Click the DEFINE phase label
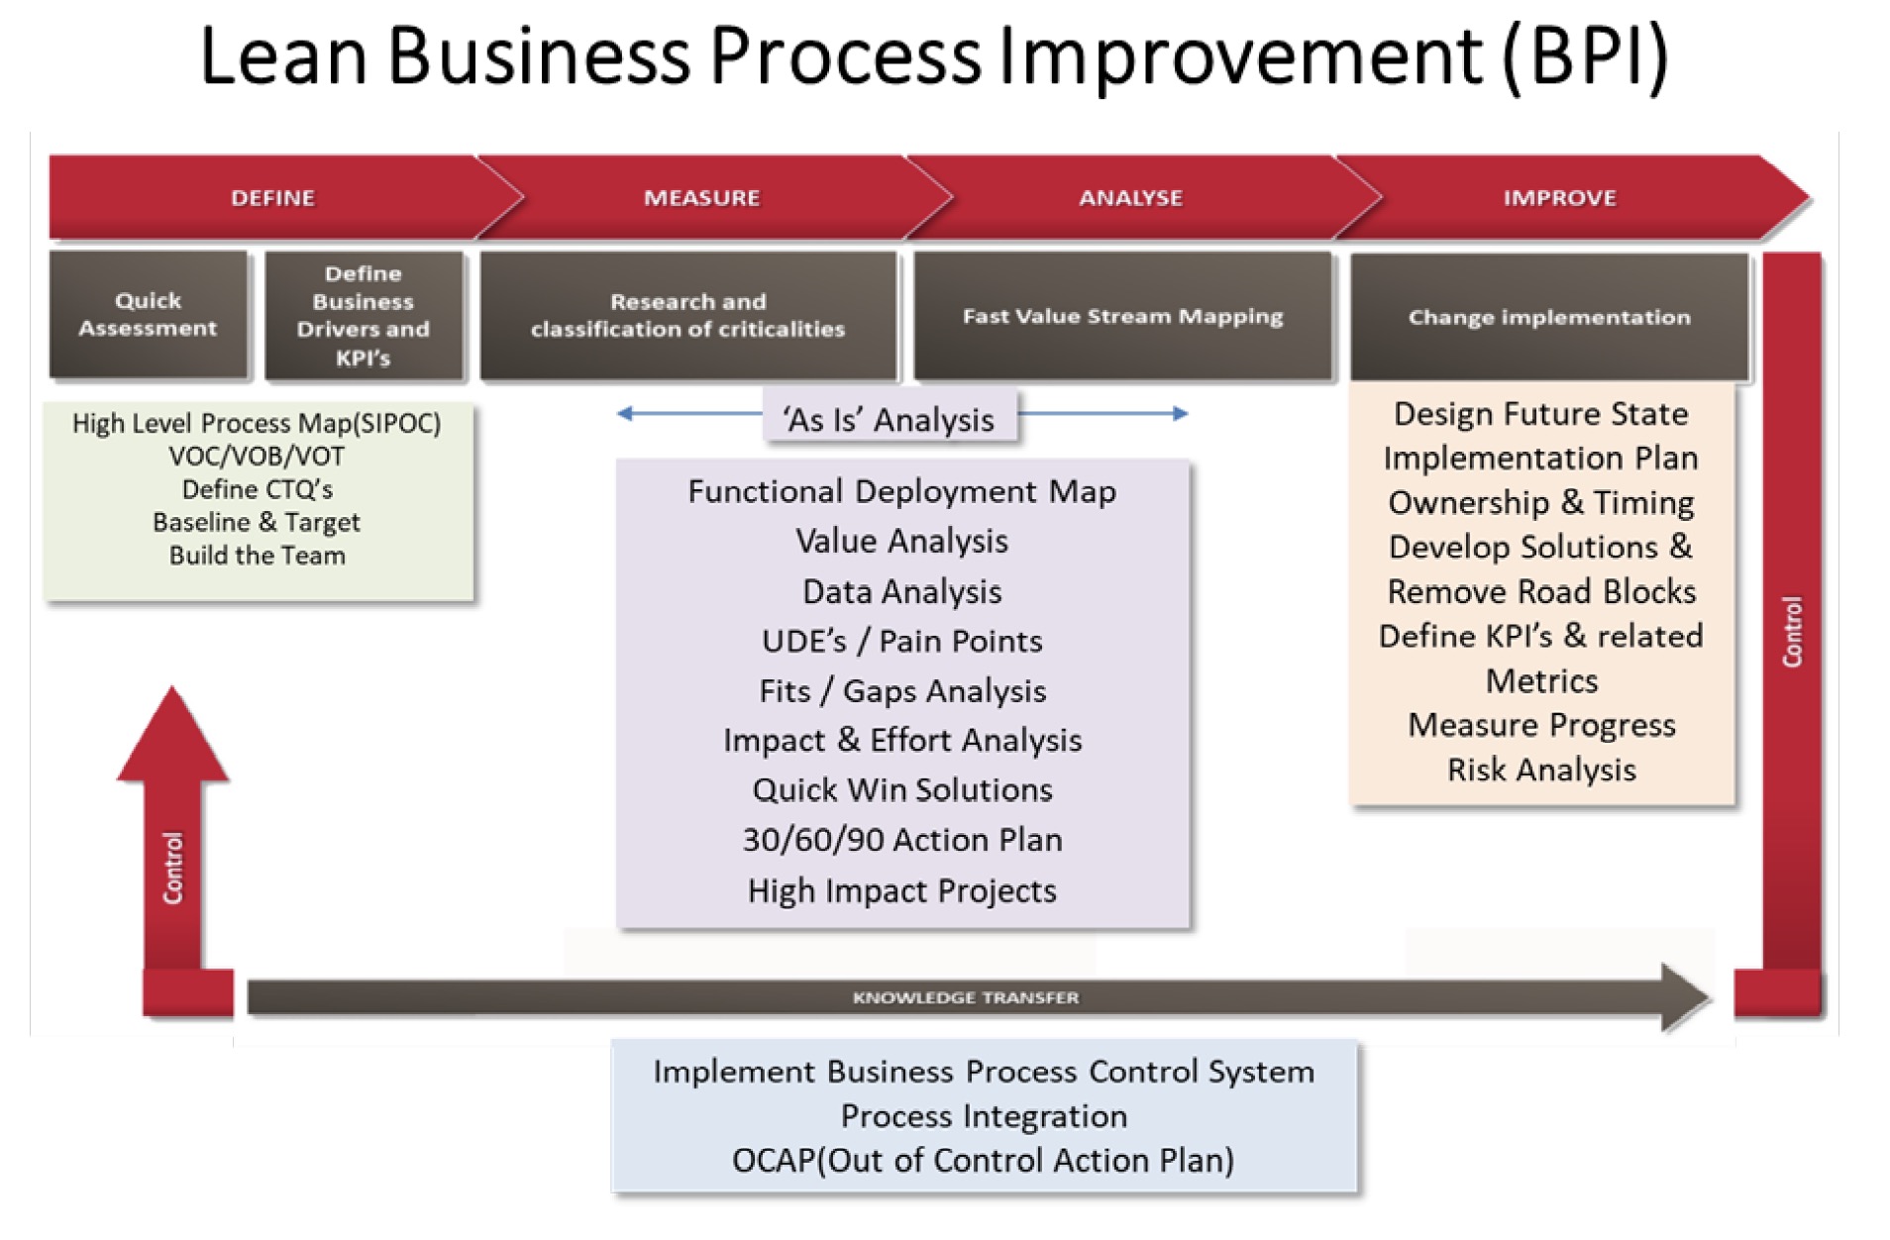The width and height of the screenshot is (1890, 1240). (x=272, y=198)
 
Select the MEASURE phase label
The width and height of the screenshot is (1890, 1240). (x=701, y=198)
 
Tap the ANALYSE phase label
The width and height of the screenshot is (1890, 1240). (x=1130, y=198)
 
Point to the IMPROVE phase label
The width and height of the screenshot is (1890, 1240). (x=1559, y=198)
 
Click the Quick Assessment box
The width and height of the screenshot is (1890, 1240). (x=148, y=315)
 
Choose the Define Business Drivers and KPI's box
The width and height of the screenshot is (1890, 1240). (x=364, y=315)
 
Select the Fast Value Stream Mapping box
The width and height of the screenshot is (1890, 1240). (x=1122, y=316)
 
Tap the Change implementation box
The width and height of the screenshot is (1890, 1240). (x=1549, y=317)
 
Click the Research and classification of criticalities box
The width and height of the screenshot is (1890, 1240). (x=688, y=315)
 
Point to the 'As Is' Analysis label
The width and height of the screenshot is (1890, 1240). (x=890, y=420)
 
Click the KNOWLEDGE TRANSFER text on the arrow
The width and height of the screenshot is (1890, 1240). (x=966, y=997)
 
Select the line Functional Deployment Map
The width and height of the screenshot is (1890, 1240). (x=901, y=491)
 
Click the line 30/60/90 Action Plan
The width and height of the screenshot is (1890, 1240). (x=901, y=840)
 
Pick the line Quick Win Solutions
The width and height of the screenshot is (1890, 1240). (x=901, y=789)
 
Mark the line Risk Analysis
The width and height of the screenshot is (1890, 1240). (x=1541, y=770)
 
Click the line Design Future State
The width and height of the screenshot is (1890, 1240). (x=1541, y=413)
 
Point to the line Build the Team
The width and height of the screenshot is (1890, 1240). (x=258, y=556)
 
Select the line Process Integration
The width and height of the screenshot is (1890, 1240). (x=984, y=1116)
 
